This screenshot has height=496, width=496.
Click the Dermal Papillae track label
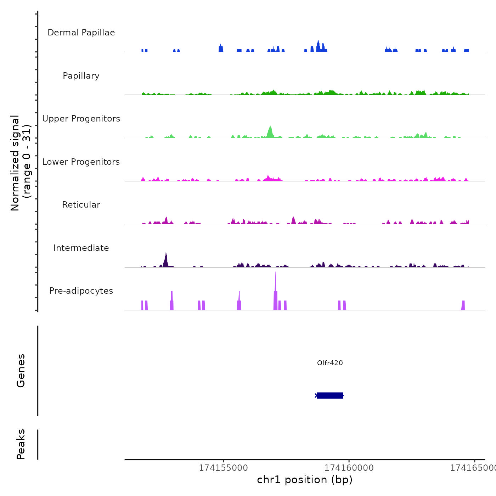click(81, 33)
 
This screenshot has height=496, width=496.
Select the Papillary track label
click(81, 76)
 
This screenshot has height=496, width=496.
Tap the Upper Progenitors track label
click(81, 119)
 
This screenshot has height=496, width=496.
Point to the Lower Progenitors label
click(81, 162)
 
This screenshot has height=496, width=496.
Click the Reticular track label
click(81, 205)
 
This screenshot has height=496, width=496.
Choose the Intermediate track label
click(81, 248)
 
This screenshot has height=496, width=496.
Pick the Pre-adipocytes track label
click(81, 291)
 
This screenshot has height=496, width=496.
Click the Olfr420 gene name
click(330, 363)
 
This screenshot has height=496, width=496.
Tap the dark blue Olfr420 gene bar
click(330, 395)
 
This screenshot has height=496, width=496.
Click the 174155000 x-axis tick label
click(223, 468)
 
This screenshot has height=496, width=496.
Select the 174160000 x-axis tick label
click(349, 468)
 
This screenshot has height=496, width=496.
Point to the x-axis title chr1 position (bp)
click(305, 480)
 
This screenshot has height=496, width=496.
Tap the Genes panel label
click(21, 371)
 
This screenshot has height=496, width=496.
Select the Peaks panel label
click(21, 444)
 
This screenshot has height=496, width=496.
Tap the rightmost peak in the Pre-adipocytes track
click(463, 305)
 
